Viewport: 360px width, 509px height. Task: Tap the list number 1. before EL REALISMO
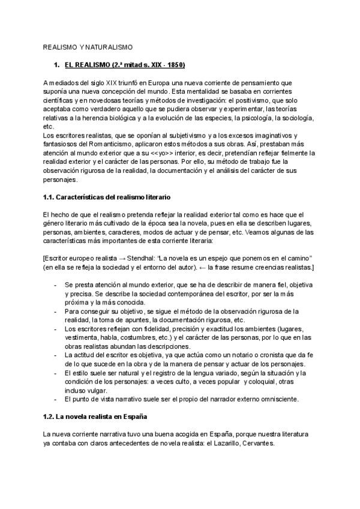(56, 64)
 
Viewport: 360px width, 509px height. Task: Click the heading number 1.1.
(50, 197)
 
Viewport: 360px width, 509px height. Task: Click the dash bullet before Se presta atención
(56, 284)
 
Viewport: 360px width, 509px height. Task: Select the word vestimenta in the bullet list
(82, 338)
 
